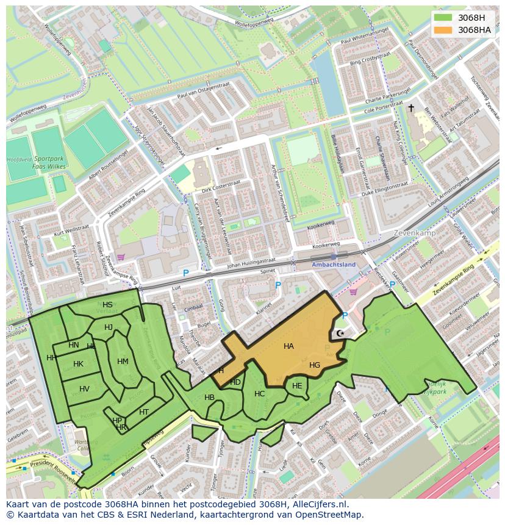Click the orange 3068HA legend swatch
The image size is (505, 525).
(x=443, y=30)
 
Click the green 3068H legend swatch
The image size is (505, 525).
(x=443, y=17)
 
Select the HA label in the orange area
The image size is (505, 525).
(x=288, y=346)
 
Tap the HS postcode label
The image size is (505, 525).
(x=107, y=305)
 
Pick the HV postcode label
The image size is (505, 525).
(x=84, y=389)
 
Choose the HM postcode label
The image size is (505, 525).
(x=123, y=362)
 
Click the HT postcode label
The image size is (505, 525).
(x=144, y=412)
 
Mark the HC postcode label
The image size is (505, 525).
(x=259, y=394)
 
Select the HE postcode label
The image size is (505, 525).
(x=297, y=386)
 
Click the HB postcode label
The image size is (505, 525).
(x=209, y=398)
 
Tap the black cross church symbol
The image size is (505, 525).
(x=411, y=108)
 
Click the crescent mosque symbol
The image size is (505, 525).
(x=340, y=334)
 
